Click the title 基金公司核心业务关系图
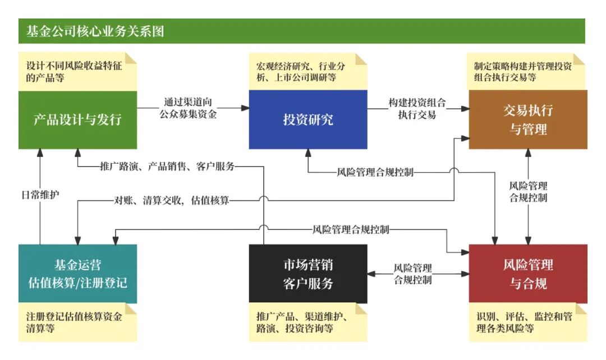pyautogui.click(x=95, y=31)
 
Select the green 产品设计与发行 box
pyautogui.click(x=77, y=119)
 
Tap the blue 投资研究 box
pyautogui.click(x=308, y=119)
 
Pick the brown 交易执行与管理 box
pyautogui.click(x=528, y=119)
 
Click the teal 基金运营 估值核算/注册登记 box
pyautogui.click(x=77, y=274)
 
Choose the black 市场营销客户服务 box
pyautogui.click(x=308, y=274)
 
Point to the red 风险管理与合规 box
pyautogui.click(x=528, y=274)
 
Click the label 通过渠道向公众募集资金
pyautogui.click(x=191, y=109)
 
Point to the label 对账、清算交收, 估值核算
pyautogui.click(x=172, y=200)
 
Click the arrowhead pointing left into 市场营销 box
pyautogui.click(x=371, y=274)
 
